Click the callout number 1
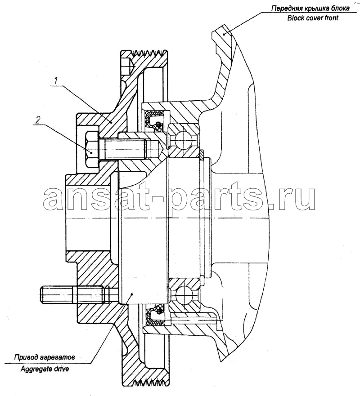(56, 81)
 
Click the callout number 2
(37, 120)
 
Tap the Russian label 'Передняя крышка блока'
(310, 9)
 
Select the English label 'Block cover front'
(313, 18)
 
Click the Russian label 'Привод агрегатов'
(45, 358)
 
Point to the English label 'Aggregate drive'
(45, 369)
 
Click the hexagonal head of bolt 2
(92, 149)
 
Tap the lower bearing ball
(184, 294)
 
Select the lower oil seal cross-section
(154, 315)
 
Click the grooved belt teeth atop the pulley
(148, 53)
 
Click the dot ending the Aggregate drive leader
(131, 294)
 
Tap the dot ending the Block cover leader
(224, 34)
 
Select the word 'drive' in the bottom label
(61, 369)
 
